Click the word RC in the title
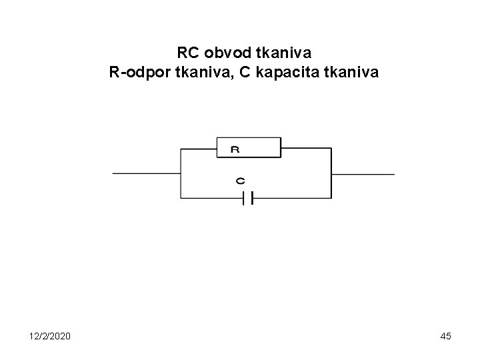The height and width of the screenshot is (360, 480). coord(188,52)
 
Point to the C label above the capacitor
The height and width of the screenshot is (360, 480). coord(240,181)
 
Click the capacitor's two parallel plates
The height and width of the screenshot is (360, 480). coord(249,198)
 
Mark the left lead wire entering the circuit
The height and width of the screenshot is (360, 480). coord(147,173)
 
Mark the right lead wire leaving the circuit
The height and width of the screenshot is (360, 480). coord(363,173)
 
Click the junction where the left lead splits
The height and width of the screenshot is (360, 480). coord(181,173)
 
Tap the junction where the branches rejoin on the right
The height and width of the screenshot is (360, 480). coord(331,173)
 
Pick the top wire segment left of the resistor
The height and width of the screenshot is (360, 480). coord(199,148)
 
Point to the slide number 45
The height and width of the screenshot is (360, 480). coord(445,336)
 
